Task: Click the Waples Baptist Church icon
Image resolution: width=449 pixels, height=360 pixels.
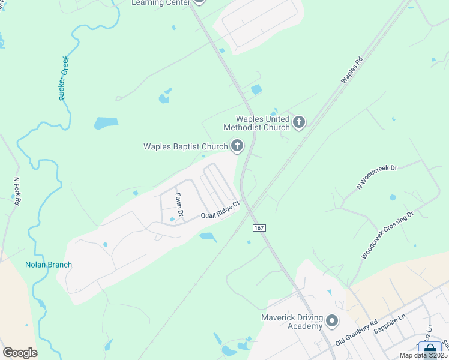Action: pos(237,146)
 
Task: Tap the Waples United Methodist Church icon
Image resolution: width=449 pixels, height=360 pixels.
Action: pos(298,123)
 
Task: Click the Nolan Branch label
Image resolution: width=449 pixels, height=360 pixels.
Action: pos(49,265)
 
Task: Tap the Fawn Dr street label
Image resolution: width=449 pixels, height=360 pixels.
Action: pos(178,204)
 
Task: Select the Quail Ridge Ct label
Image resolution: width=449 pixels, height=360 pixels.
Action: pos(220,210)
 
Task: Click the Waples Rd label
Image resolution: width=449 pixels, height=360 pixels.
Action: pos(352,71)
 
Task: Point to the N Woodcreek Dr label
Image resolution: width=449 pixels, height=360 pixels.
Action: pos(377,177)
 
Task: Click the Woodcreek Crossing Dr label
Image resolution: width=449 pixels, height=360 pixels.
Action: pos(388,235)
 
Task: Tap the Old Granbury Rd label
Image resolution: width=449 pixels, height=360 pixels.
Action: pos(356,333)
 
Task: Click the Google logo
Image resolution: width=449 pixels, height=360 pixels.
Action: pos(20,353)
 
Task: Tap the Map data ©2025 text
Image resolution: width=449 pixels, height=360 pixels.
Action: pos(423,355)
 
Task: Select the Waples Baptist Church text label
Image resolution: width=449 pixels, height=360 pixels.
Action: pos(185,146)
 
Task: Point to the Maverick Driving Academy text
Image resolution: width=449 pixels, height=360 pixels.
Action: pos(292,322)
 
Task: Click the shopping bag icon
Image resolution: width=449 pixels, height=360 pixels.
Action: pos(430,349)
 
